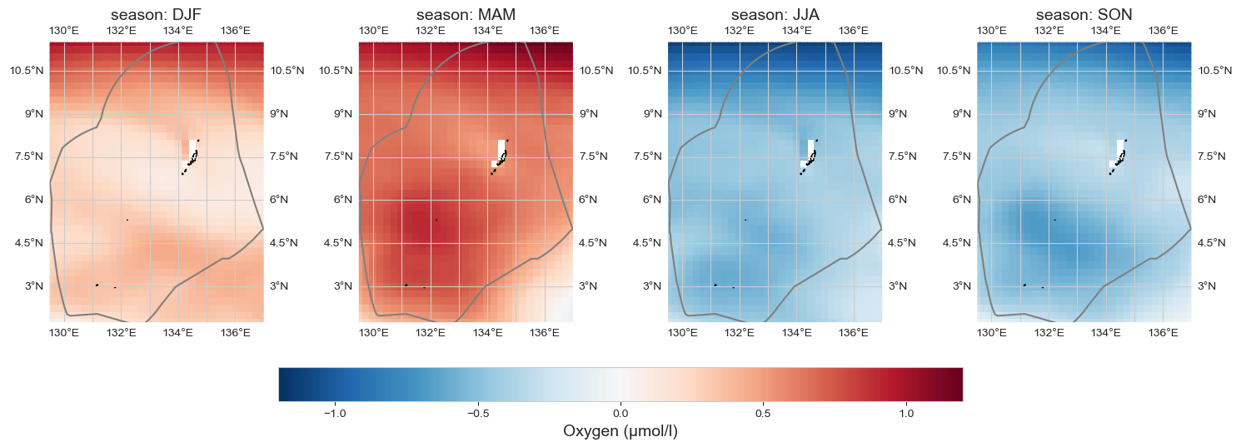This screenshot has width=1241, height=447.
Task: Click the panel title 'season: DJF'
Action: click(x=157, y=15)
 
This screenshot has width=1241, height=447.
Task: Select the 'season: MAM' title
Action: click(x=466, y=15)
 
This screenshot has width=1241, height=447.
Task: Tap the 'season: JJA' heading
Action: click(x=775, y=15)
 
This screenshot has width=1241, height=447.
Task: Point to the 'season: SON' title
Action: click(x=1084, y=15)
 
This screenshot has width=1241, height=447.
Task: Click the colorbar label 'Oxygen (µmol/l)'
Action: click(x=620, y=431)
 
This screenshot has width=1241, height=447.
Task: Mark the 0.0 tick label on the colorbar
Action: click(x=620, y=413)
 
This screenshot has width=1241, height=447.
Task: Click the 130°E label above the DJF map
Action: click(x=64, y=31)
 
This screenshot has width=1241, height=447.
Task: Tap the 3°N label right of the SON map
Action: click(x=1206, y=286)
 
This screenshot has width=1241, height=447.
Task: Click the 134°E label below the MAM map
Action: click(x=487, y=334)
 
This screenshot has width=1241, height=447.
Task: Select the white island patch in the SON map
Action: click(x=1119, y=150)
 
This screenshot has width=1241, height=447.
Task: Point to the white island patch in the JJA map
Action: click(x=810, y=150)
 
